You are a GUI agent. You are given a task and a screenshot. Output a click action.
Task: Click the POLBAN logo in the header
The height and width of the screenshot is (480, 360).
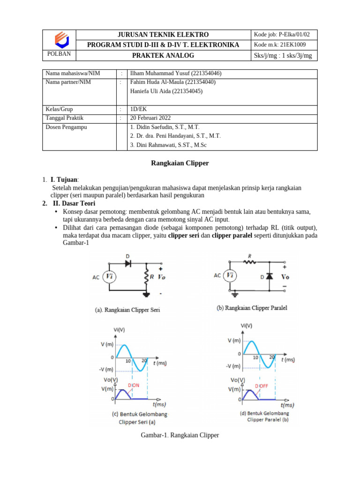click(x=59, y=39)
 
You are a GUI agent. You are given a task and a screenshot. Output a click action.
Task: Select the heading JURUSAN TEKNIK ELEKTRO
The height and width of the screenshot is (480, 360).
click(x=163, y=35)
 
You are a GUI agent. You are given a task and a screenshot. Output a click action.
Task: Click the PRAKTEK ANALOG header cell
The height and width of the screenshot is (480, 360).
click(x=163, y=56)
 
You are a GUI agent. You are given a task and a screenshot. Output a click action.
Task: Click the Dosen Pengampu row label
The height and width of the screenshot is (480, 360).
click(x=66, y=127)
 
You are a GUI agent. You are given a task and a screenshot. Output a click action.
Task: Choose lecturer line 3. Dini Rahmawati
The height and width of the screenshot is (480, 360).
click(x=168, y=145)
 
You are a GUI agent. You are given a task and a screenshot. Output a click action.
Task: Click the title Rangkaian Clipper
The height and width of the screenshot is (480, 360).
click(x=180, y=163)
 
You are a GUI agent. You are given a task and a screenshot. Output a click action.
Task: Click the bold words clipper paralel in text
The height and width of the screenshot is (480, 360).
click(x=232, y=235)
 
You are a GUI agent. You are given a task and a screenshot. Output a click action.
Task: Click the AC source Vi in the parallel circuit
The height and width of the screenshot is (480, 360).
click(x=230, y=276)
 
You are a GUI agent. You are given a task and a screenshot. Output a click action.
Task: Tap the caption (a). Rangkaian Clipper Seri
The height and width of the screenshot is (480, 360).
click(x=126, y=309)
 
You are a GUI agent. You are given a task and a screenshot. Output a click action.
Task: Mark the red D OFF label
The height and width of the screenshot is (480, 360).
click(x=262, y=385)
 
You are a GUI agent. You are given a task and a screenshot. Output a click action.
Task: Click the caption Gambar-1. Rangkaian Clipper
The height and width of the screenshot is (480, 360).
click(x=180, y=435)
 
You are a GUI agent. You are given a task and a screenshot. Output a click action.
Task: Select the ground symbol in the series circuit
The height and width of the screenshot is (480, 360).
click(x=147, y=294)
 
